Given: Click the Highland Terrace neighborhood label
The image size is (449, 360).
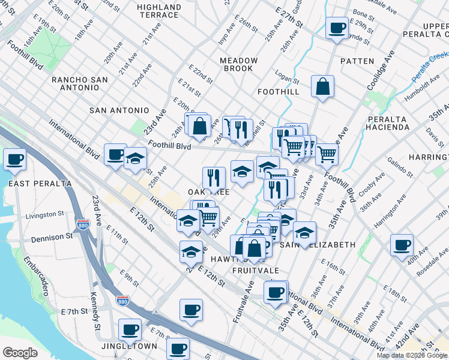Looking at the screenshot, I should pyautogui.click(x=158, y=11).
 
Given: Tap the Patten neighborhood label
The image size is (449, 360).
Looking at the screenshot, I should pyautogui.click(x=357, y=61).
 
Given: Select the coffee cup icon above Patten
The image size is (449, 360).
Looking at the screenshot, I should pyautogui.click(x=336, y=28).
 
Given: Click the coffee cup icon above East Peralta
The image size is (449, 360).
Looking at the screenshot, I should pyautogui.click(x=14, y=160).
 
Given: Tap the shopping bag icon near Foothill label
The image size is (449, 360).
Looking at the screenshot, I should pyautogui.click(x=322, y=86).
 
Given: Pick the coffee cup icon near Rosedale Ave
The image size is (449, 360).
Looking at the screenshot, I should pyautogui.click(x=401, y=245).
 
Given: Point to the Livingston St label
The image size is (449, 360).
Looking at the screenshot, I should pyautogui.click(x=44, y=214).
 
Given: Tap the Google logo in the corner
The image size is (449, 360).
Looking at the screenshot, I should pyautogui.click(x=20, y=353).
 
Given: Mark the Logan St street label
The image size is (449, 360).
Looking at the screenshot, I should pyautogui.click(x=287, y=80).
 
